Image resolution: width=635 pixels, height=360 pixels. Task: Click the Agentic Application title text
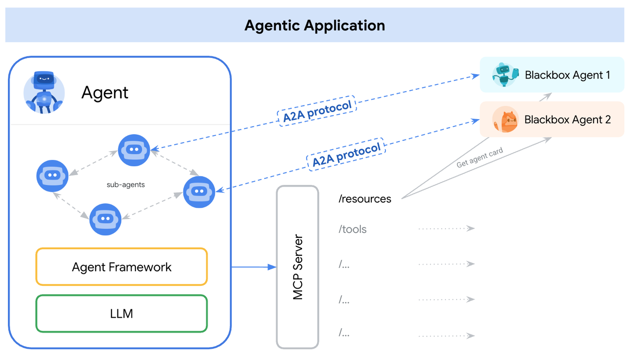coord(314,25)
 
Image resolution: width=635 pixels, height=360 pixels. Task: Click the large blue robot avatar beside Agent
coord(44,92)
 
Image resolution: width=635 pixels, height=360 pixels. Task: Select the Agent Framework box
coord(121,266)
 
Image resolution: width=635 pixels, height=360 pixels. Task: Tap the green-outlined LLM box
coord(121,313)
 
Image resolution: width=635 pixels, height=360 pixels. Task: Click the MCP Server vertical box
coord(297,266)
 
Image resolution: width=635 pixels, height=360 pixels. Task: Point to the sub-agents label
coord(126,185)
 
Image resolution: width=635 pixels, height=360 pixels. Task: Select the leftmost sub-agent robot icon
coord(52,176)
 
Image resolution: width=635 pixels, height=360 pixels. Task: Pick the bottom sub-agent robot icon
coord(105,219)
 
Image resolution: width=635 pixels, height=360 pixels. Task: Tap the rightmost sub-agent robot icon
coord(199,192)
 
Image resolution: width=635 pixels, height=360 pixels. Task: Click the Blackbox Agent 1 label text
coord(567,75)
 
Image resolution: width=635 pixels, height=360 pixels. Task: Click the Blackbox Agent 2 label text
coord(567,120)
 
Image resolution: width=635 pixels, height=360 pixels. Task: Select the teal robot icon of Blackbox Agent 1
coord(505,75)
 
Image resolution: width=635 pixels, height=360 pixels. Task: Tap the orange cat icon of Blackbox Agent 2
coord(505,120)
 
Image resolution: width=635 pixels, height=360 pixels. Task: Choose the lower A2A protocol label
coord(346,155)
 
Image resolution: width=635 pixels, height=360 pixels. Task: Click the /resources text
coord(365,199)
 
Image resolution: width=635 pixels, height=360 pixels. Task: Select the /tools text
coord(352,229)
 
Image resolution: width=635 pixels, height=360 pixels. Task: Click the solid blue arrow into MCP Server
coord(254,267)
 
